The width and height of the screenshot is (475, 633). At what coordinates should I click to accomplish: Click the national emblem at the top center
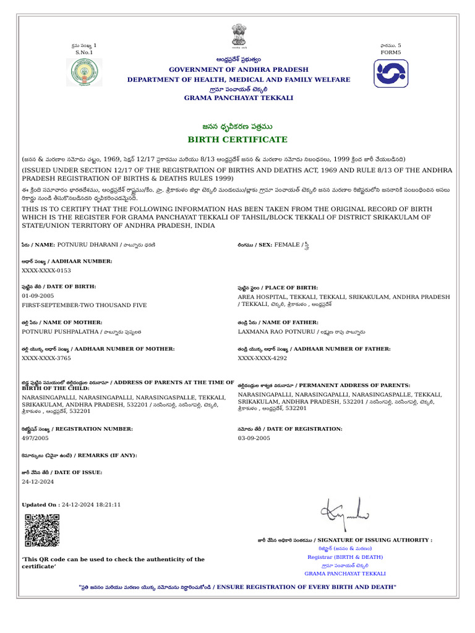click(239, 36)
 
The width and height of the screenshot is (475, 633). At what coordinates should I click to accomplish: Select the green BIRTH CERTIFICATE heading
click(238, 140)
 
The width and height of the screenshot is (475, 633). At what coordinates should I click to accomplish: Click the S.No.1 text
click(84, 53)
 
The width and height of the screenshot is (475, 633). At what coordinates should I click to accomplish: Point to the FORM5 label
click(391, 53)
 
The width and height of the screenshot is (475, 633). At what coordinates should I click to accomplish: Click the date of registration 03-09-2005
click(254, 438)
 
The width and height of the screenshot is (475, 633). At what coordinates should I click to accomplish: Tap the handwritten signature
click(344, 511)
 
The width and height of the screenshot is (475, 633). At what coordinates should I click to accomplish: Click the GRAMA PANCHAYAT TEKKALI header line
click(238, 98)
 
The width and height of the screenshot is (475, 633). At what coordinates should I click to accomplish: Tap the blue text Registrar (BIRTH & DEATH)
click(345, 557)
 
